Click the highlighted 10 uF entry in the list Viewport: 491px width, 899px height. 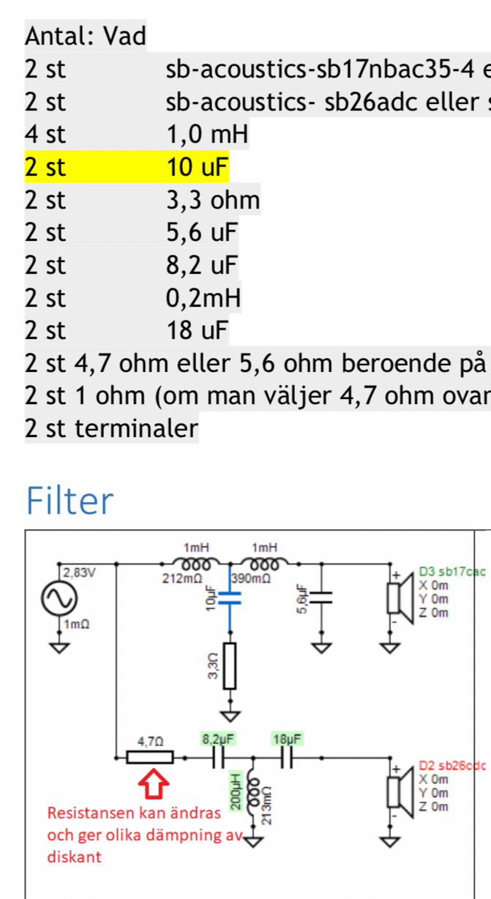(x=198, y=168)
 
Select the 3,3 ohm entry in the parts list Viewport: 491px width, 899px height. (x=213, y=200)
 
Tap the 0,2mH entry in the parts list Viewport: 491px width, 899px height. (x=203, y=298)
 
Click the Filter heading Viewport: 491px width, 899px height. (x=70, y=501)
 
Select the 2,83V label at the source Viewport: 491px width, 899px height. (x=80, y=572)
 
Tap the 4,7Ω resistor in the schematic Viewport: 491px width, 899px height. (x=150, y=757)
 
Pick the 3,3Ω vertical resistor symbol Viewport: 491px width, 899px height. (x=230, y=666)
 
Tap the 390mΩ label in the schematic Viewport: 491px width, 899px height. (x=248, y=578)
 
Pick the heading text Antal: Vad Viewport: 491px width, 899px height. (x=86, y=35)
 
